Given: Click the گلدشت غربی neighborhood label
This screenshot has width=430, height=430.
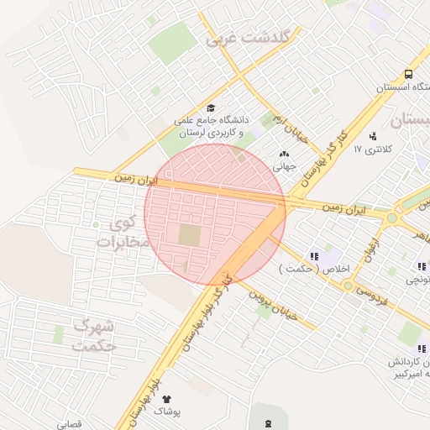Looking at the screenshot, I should pyautogui.click(x=249, y=38).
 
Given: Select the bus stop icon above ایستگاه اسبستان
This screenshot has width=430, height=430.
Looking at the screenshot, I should pyautogui.click(x=407, y=74).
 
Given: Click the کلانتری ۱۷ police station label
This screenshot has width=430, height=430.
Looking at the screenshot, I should pyautogui.click(x=373, y=149).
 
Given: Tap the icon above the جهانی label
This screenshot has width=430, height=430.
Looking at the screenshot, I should pyautogui.click(x=283, y=154).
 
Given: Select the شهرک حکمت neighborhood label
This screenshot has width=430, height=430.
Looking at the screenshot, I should pyautogui.click(x=94, y=334).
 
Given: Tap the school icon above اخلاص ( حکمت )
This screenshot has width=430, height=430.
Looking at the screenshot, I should pyautogui.click(x=314, y=256).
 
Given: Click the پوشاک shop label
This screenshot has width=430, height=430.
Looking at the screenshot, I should pyautogui.click(x=166, y=412).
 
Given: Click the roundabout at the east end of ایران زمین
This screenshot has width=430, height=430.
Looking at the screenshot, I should pyautogui.click(x=392, y=218).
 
